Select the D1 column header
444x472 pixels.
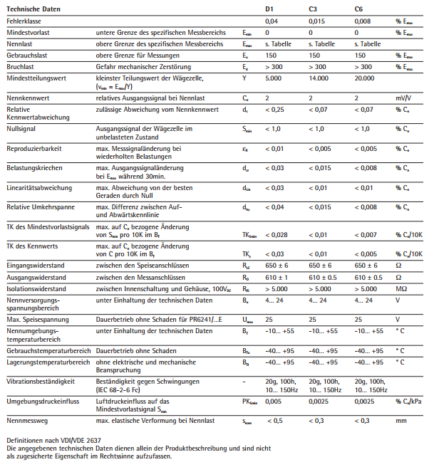point(269,9)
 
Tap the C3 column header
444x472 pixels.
point(313,9)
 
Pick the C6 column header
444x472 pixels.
point(358,9)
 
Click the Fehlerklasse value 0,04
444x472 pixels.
point(272,22)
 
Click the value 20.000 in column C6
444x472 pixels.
point(364,78)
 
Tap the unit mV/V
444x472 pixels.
point(404,98)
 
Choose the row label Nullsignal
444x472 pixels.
point(21,129)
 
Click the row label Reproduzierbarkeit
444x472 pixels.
point(33,149)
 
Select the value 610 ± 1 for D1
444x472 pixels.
point(277,277)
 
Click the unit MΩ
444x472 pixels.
point(401,288)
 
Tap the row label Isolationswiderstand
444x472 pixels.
point(36,288)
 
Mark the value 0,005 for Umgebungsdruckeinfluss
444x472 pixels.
point(273,402)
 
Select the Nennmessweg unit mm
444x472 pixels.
point(401,421)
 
